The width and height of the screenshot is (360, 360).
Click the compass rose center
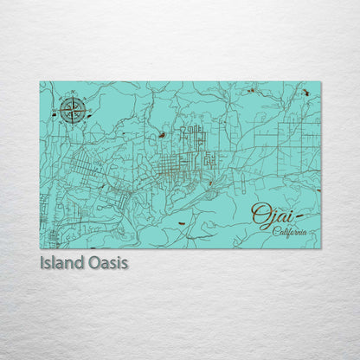72,110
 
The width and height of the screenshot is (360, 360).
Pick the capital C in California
276,231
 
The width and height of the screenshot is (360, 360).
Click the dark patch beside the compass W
54,114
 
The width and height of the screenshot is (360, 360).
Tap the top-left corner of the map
40,82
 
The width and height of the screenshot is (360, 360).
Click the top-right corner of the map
320,82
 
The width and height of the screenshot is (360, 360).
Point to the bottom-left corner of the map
40,248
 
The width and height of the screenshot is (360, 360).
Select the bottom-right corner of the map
320,248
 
